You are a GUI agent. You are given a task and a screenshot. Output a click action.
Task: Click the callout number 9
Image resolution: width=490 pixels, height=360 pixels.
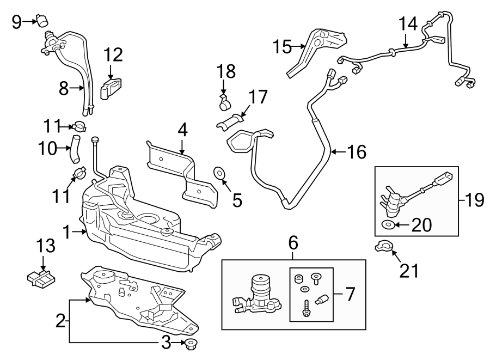17,22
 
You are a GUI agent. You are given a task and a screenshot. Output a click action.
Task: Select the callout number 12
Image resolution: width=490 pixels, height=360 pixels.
114,55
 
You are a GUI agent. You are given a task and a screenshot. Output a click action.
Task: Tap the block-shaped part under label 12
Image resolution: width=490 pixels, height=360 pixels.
111,87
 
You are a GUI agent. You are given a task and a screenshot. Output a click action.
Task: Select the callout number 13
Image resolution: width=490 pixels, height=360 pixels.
46,246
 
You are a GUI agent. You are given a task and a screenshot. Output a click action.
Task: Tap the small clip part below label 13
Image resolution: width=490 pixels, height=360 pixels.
41,278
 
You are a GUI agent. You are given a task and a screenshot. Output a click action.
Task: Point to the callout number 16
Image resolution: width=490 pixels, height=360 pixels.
357,151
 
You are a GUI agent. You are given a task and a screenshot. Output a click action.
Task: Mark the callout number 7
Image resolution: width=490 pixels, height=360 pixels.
350,295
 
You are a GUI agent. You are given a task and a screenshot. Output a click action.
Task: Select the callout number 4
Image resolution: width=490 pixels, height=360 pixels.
182,130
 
